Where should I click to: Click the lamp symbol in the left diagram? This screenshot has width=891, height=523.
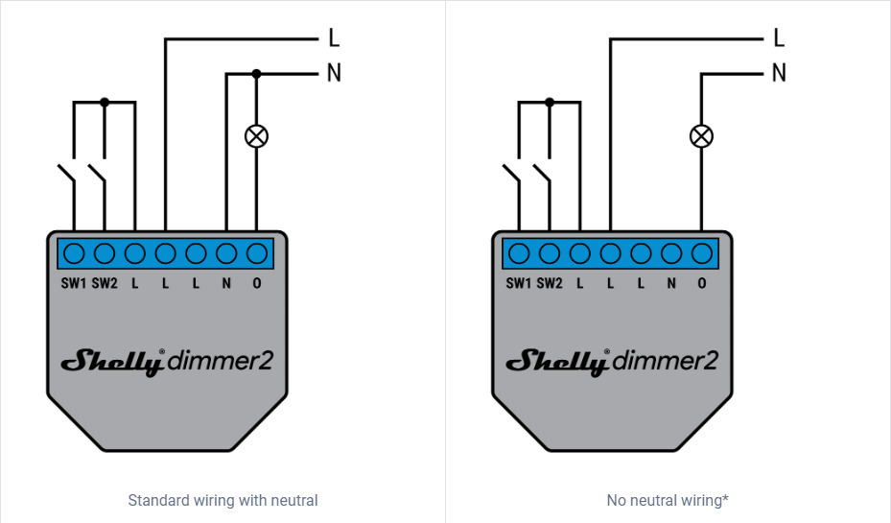tap(256, 136)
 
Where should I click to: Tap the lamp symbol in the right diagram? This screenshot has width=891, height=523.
tap(702, 136)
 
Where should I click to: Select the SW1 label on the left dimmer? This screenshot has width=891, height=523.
tap(74, 283)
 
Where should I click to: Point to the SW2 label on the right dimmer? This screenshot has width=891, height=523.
tap(550, 283)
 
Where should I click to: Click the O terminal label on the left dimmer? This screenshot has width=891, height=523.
tap(257, 283)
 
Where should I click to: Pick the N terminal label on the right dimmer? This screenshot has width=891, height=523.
tap(671, 283)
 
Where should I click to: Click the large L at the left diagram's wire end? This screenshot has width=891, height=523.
tap(334, 38)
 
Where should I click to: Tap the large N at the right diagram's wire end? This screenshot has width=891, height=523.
tap(779, 73)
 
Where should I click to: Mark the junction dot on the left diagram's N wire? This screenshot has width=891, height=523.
tap(256, 73)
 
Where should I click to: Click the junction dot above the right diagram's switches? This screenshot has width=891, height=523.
tap(550, 101)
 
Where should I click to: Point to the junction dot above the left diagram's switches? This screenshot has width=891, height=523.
tap(105, 101)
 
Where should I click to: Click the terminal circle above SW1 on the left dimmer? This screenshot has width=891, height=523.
tap(74, 253)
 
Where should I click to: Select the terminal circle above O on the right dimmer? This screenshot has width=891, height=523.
tap(702, 253)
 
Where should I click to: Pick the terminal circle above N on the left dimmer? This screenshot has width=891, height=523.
tap(226, 253)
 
